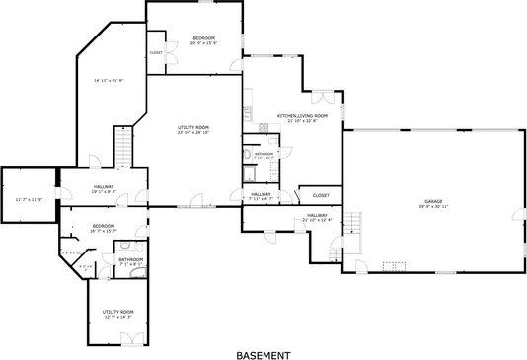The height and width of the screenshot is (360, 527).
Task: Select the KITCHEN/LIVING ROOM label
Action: point(301,117)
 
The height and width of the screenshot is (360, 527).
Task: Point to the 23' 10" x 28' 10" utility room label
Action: point(193,129)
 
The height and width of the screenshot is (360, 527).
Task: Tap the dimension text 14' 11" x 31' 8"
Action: point(109,80)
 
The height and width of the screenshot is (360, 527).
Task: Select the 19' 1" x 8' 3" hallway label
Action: point(104,188)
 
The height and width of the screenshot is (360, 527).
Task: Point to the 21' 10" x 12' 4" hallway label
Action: point(317,217)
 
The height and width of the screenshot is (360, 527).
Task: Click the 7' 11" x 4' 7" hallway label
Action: point(261,196)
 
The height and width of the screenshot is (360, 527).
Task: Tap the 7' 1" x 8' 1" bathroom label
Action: point(131,261)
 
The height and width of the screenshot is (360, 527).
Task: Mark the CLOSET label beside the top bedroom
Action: point(156,52)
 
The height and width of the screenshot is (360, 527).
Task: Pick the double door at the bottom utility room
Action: point(127,340)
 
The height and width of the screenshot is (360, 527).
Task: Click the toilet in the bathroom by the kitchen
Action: point(248,155)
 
